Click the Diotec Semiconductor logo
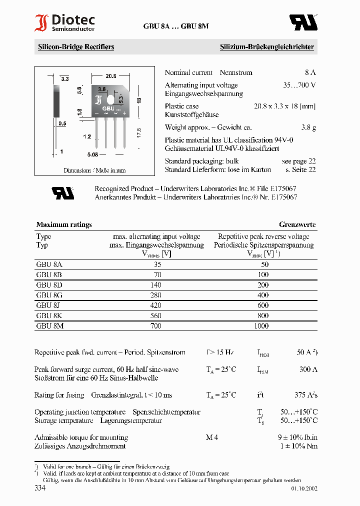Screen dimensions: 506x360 (64, 23)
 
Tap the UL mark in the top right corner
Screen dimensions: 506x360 (303, 22)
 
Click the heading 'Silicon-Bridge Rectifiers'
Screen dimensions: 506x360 (76, 47)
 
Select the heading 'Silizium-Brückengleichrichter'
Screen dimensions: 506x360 (266, 47)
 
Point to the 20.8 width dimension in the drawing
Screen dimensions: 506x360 (110, 76)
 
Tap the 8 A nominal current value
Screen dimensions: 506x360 (310, 72)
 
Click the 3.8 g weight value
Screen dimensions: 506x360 (308, 127)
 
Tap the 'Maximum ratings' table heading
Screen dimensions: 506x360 (64, 224)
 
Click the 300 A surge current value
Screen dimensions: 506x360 (308, 369)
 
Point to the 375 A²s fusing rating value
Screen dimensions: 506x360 (306, 395)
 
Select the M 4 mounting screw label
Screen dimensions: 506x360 (212, 437)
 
